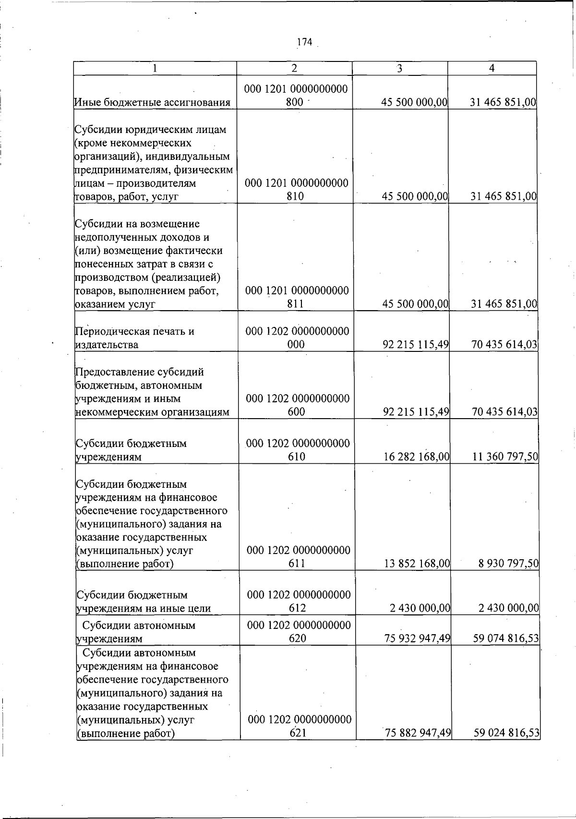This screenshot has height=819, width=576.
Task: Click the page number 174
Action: [304, 42]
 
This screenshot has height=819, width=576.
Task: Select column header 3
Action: [399, 68]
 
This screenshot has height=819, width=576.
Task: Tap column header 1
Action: [155, 68]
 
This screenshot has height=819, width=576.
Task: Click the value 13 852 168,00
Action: [417, 563]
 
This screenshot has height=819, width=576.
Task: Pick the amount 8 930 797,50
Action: [508, 563]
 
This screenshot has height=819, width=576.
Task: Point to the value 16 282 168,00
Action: [416, 457]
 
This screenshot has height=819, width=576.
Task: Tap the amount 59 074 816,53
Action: [506, 638]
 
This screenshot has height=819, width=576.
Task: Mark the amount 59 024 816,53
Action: [506, 733]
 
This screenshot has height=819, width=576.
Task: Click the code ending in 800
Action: [296, 96]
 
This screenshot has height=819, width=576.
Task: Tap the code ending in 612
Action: [299, 602]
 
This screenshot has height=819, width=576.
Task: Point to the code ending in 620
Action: [299, 632]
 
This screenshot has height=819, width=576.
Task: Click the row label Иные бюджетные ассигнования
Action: [152, 102]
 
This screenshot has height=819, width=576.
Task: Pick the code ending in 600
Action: [298, 405]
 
